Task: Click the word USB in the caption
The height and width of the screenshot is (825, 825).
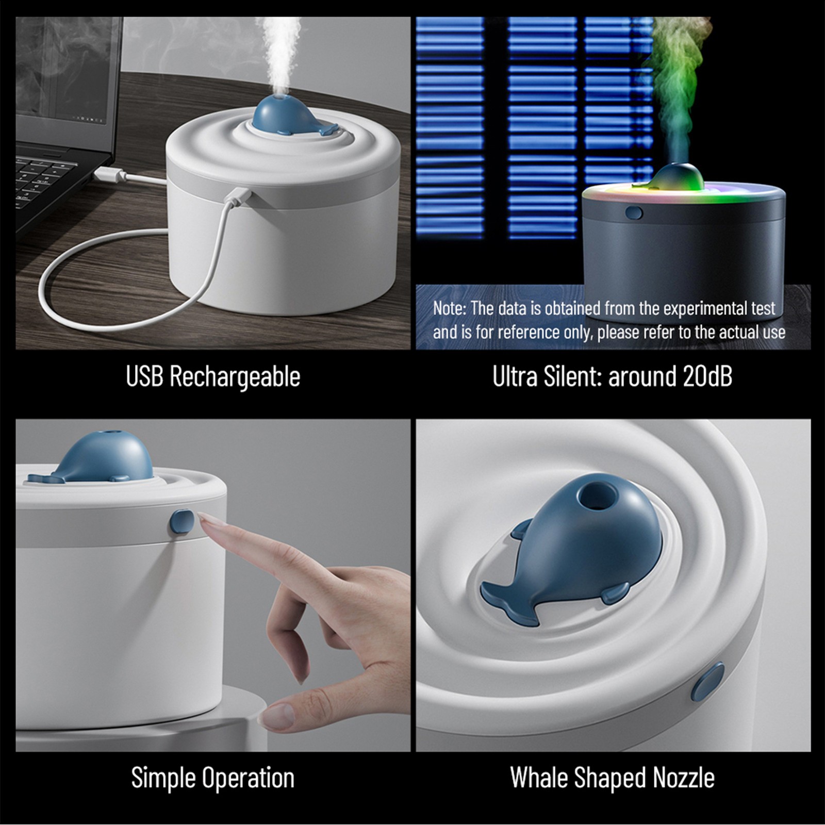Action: pos(145,376)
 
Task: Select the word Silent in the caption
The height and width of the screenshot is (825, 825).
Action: pos(571,376)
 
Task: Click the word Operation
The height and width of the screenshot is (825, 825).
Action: pos(249,778)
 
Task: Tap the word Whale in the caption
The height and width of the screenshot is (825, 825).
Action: pos(539,778)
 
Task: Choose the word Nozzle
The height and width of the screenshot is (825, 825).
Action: pos(684,778)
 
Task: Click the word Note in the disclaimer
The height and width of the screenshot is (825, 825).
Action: pos(449,308)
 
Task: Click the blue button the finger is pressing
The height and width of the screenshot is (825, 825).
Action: pos(182,521)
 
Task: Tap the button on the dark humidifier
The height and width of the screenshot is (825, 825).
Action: pos(634,212)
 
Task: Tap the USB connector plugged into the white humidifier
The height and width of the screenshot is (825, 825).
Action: pos(240,196)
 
